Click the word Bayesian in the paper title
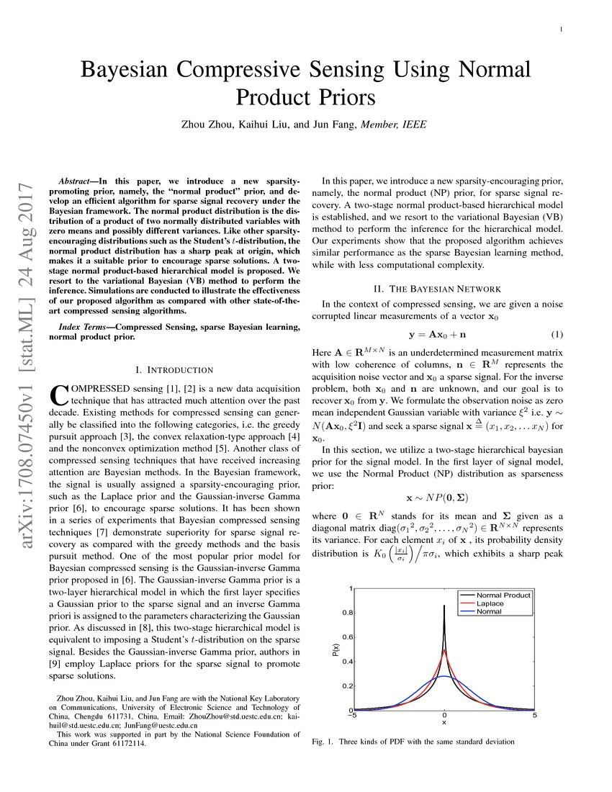tap(127, 70)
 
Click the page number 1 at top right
tap(560, 30)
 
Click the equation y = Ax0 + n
tap(437, 335)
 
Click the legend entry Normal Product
tap(503, 595)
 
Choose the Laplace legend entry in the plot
tap(490, 603)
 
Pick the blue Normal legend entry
tap(489, 611)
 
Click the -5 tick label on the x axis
tap(352, 715)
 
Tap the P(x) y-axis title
tap(336, 649)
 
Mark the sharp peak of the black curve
tap(444, 606)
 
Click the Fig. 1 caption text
tap(413, 741)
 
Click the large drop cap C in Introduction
tap(59, 395)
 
